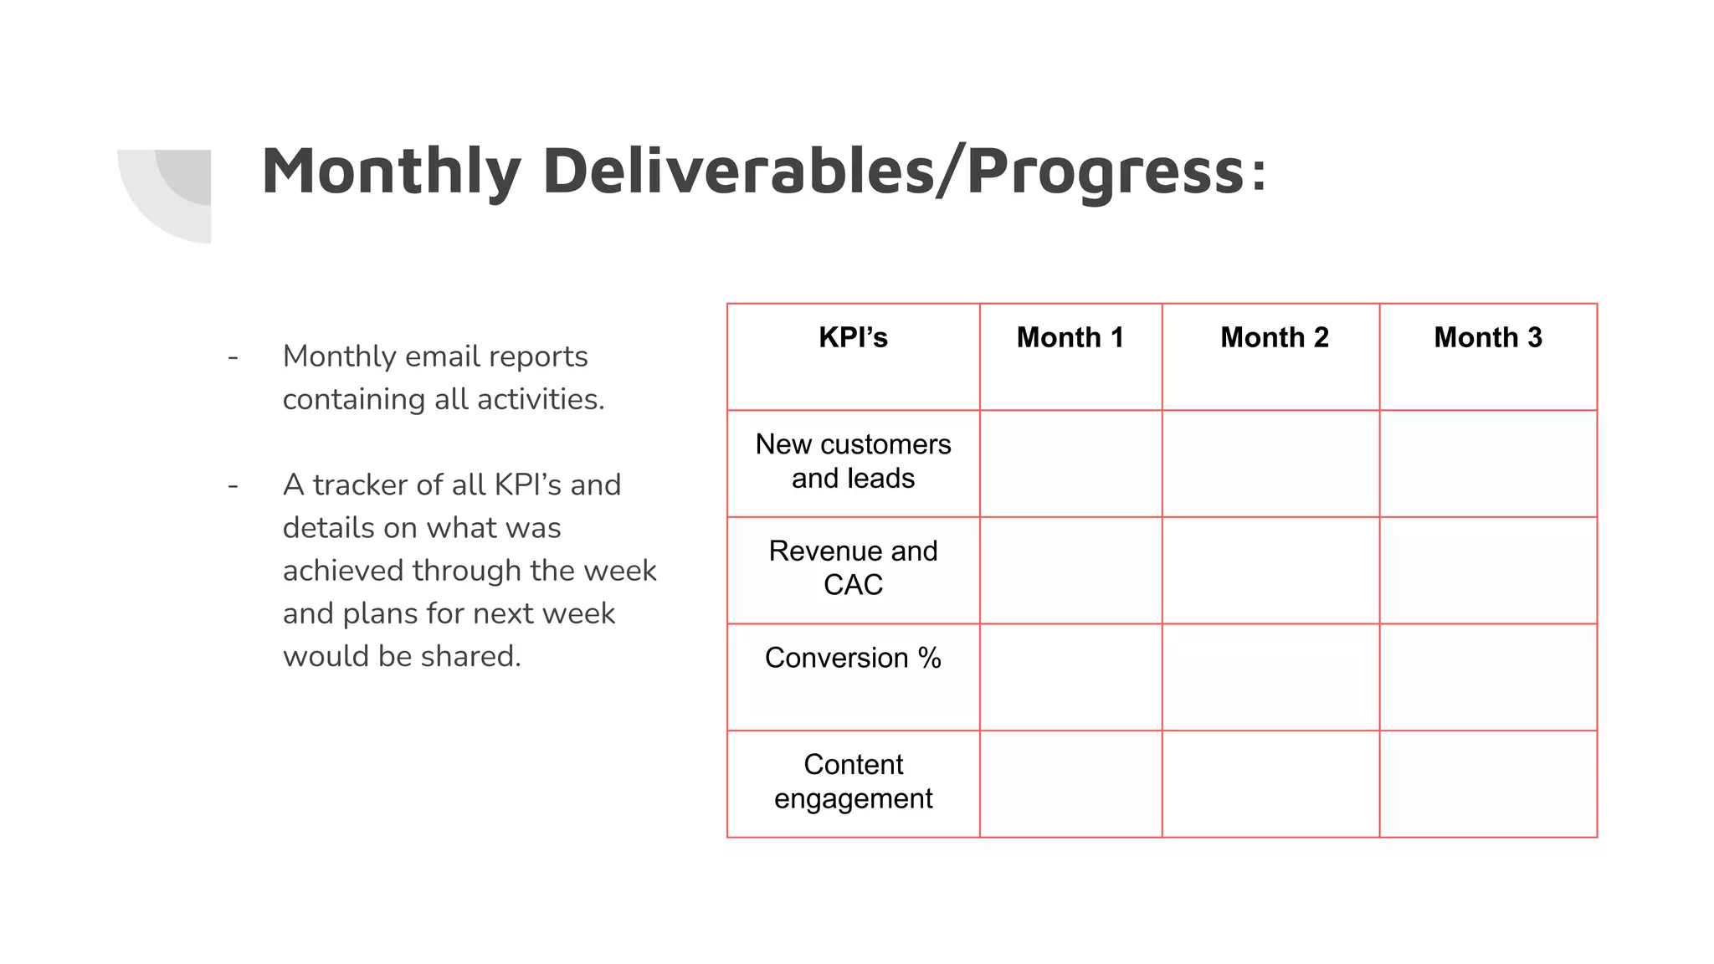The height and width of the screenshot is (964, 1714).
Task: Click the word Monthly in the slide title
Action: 391,171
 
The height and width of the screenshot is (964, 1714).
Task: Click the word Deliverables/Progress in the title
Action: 904,171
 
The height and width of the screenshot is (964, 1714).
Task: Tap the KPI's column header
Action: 853,337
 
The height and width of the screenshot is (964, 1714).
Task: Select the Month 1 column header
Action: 1070,337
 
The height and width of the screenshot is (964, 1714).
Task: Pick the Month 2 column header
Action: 1274,337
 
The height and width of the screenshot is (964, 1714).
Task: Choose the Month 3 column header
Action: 1487,337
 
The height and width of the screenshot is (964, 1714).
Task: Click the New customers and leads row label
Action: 853,461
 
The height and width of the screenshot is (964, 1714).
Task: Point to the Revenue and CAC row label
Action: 853,567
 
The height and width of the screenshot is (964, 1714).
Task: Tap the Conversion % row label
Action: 853,658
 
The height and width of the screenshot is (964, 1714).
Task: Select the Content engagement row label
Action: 853,782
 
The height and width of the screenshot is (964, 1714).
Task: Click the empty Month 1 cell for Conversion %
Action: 1070,677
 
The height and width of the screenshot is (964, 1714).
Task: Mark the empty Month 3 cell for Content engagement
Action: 1488,784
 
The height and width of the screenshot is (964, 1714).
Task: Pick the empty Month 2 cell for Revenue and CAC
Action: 1270,570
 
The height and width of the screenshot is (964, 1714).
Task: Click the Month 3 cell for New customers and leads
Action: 1488,463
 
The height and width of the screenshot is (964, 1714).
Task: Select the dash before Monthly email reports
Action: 233,357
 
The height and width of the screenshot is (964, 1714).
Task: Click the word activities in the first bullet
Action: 540,399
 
